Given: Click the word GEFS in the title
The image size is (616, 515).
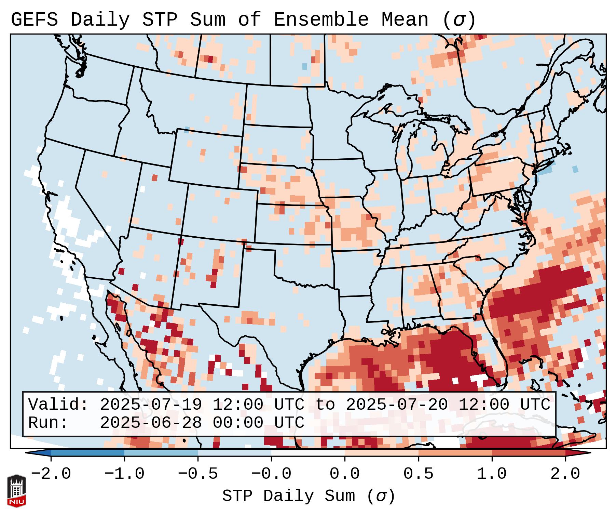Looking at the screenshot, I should pyautogui.click(x=34, y=20).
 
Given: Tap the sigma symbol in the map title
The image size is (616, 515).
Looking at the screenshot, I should pyautogui.click(x=459, y=20).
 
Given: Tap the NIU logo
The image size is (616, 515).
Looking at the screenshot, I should pyautogui.click(x=16, y=491).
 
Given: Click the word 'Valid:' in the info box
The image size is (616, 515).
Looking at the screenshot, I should pyautogui.click(x=58, y=405).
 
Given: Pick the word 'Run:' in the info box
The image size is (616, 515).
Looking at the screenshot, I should pyautogui.click(x=48, y=423).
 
